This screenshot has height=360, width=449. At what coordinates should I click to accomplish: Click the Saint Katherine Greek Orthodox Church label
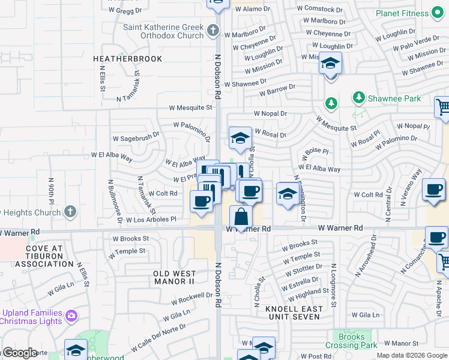click(163, 31)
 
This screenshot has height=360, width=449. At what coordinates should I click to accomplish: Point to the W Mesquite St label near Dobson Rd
click(190, 108)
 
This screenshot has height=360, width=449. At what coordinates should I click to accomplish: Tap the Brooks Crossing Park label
click(351, 341)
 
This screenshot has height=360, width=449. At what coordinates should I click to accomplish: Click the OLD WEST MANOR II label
click(174, 277)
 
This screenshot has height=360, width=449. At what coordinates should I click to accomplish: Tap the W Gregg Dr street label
click(125, 10)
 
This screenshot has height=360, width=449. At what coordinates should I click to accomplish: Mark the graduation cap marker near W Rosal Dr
click(240, 138)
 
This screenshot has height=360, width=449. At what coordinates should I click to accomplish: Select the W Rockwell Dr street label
click(191, 298)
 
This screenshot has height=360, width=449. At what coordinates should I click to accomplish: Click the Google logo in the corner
click(19, 353)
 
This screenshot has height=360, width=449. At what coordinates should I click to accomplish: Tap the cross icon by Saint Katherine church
click(212, 30)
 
